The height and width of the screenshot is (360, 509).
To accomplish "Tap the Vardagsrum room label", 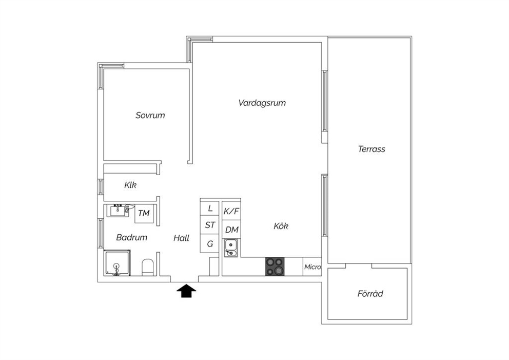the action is coord(262,103).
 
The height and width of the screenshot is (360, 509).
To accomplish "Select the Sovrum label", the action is coord(150,116).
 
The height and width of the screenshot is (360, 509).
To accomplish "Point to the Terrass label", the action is coord(371,149).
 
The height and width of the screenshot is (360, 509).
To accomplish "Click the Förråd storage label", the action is coord(370,293).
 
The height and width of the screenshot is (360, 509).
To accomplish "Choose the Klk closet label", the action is coord(130,185).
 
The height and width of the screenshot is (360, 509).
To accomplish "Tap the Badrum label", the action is coord(131,237).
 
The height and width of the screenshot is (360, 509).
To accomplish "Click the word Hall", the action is coord(181,238).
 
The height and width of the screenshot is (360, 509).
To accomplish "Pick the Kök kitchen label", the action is coord(281,226).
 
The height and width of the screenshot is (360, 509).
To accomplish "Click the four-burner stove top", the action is coord(275,267).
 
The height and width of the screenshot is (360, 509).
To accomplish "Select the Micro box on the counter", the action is coord(312,267).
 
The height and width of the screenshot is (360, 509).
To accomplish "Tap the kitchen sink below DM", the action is coord(231,248).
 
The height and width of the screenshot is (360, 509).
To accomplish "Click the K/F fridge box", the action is coord(231,211).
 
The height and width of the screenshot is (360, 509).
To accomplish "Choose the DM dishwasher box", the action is coord(231,230).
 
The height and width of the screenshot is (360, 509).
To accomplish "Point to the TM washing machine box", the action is coord(144,214).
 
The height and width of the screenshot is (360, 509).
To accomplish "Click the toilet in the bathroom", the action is coord(148,268).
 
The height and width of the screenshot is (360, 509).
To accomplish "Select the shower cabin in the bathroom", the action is coord(117,263).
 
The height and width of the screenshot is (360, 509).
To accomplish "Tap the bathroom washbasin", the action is coord(118,211).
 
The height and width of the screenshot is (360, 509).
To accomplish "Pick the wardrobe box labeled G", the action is coord(210,243).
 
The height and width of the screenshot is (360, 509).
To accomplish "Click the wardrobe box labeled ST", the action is coord(210,225).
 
